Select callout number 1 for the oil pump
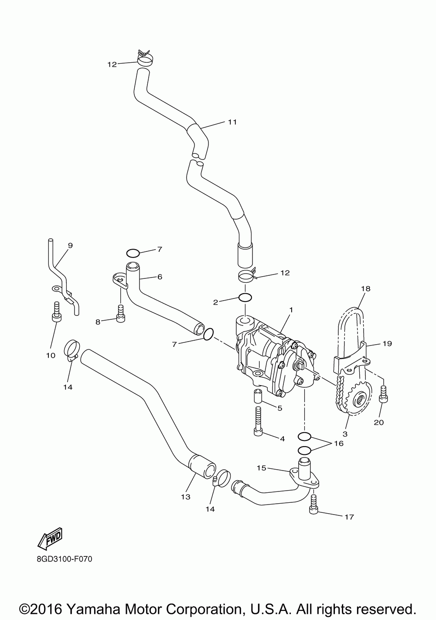pyautogui.click(x=290, y=310)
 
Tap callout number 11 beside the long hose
pyautogui.click(x=232, y=122)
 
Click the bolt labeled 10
pyautogui.click(x=56, y=311)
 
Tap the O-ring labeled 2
pyautogui.click(x=245, y=298)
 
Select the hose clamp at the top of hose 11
pyautogui.click(x=144, y=58)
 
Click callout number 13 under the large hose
pyautogui.click(x=185, y=496)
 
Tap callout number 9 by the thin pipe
pyautogui.click(x=70, y=245)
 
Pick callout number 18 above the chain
pyautogui.click(x=365, y=288)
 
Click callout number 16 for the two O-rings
pyautogui.click(x=338, y=444)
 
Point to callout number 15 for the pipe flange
pyautogui.click(x=261, y=468)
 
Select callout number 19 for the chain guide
pyautogui.click(x=387, y=343)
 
